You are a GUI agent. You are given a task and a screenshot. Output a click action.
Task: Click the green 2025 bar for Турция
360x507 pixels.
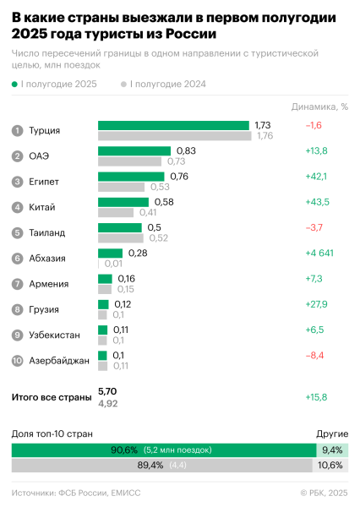pyautogui.click(x=173, y=125)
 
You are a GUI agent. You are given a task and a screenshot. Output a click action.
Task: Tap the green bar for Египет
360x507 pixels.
pyautogui.click(x=132, y=177)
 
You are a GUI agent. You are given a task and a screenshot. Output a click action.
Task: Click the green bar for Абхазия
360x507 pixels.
pyautogui.click(x=111, y=253)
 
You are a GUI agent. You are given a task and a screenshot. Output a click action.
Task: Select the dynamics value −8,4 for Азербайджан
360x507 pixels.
pyautogui.click(x=315, y=356)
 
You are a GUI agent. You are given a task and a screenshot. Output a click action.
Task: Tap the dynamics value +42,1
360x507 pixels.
pyautogui.click(x=316, y=177)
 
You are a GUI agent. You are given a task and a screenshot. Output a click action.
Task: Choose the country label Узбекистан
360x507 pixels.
pyautogui.click(x=54, y=335)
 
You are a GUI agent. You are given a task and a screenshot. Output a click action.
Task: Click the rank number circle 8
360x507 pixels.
pyautogui.click(x=17, y=309)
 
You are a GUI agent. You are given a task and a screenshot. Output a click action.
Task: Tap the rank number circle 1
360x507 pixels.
pyautogui.click(x=17, y=131)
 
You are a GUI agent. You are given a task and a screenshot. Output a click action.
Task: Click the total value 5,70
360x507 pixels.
pyautogui.click(x=107, y=391)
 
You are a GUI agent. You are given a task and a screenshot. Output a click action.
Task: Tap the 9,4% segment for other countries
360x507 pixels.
pyautogui.click(x=331, y=450)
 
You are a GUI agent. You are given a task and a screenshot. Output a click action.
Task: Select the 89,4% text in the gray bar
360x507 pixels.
pyautogui.click(x=156, y=465)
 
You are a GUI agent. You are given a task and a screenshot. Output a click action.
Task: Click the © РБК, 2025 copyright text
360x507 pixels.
pyautogui.click(x=323, y=493)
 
